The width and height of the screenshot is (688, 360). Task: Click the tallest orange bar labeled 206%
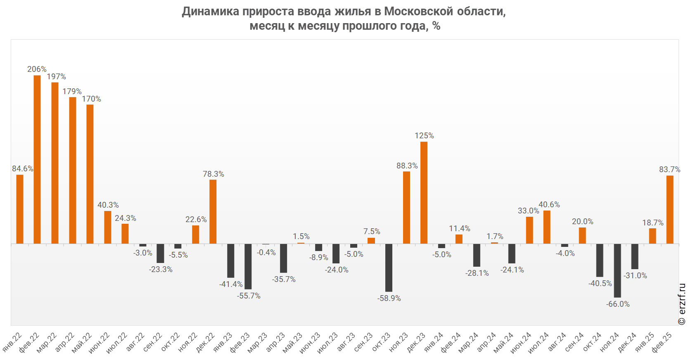click(37, 159)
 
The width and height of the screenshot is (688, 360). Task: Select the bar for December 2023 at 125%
click(424, 192)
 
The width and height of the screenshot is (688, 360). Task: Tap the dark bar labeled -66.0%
click(617, 270)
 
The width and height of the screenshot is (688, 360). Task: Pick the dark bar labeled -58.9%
click(389, 268)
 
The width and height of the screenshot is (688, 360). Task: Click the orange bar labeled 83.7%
click(670, 209)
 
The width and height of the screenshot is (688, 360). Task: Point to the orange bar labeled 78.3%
click(213, 211)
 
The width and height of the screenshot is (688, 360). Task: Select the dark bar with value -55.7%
click(248, 266)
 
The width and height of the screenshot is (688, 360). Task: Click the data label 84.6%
click(23, 168)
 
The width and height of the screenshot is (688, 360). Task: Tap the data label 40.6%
click(549, 204)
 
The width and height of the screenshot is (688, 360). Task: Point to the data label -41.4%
click(231, 284)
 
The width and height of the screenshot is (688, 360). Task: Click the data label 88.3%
click(407, 166)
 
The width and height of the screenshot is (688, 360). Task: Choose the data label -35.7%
click(284, 279)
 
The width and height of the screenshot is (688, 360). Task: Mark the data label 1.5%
click(301, 236)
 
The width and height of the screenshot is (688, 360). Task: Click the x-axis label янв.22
click(12, 342)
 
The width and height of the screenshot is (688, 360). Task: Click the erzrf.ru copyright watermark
click(682, 304)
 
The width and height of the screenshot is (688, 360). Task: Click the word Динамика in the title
click(211, 11)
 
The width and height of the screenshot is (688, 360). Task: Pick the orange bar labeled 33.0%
click(529, 230)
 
